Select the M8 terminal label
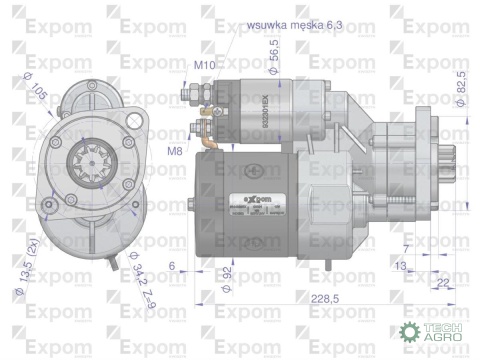point(175,151)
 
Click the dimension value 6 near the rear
point(173,267)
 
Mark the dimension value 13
point(400,266)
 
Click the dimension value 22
point(441,283)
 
